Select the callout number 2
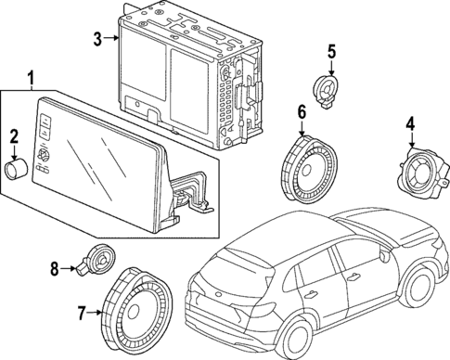pos(14,138)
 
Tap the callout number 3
pos(97,38)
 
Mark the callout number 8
pos(54,269)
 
